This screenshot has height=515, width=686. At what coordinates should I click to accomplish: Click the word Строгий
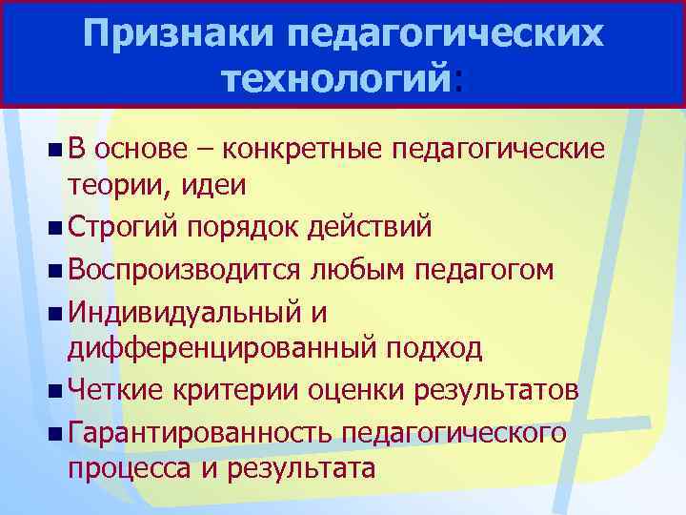pyautogui.click(x=123, y=229)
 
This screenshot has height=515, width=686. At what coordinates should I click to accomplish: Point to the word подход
pyautogui.click(x=432, y=349)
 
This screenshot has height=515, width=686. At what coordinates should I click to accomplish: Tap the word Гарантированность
pyautogui.click(x=197, y=432)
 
